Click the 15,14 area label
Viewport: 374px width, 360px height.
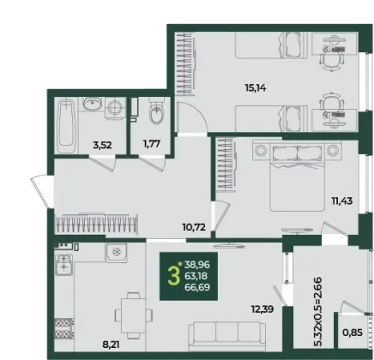[256, 88]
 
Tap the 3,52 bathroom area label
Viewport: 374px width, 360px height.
[102, 145]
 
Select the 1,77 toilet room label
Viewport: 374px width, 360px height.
[152, 143]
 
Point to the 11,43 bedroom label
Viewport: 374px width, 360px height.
[342, 201]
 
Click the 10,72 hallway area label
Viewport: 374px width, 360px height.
[194, 227]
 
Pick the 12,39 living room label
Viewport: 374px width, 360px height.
[262, 309]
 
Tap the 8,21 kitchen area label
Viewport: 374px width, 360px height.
[111, 345]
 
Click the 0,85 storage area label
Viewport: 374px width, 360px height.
[353, 333]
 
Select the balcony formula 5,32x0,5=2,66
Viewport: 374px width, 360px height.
[317, 311]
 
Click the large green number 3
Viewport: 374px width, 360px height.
[173, 276]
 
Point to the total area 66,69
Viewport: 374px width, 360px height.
[197, 287]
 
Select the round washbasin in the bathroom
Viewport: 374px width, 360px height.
[92, 103]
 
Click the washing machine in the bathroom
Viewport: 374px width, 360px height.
[116, 108]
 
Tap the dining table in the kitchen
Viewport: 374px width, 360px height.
[134, 315]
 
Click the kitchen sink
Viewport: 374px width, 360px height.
[63, 265]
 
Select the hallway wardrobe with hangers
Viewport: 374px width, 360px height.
[96, 223]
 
